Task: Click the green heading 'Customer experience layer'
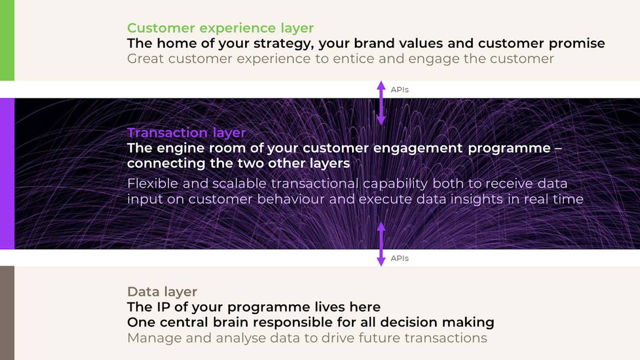(220, 28)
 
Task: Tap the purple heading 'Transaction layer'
(186, 132)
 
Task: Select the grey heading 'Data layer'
(162, 292)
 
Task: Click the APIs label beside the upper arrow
(400, 90)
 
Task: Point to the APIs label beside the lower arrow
(400, 258)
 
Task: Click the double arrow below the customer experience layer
(381, 103)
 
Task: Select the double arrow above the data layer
(381, 244)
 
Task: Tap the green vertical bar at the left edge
(7, 40)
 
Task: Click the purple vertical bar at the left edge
(7, 174)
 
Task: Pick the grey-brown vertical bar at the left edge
(7, 313)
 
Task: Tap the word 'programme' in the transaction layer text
(509, 148)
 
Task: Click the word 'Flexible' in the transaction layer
(152, 184)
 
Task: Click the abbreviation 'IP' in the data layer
(163, 307)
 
